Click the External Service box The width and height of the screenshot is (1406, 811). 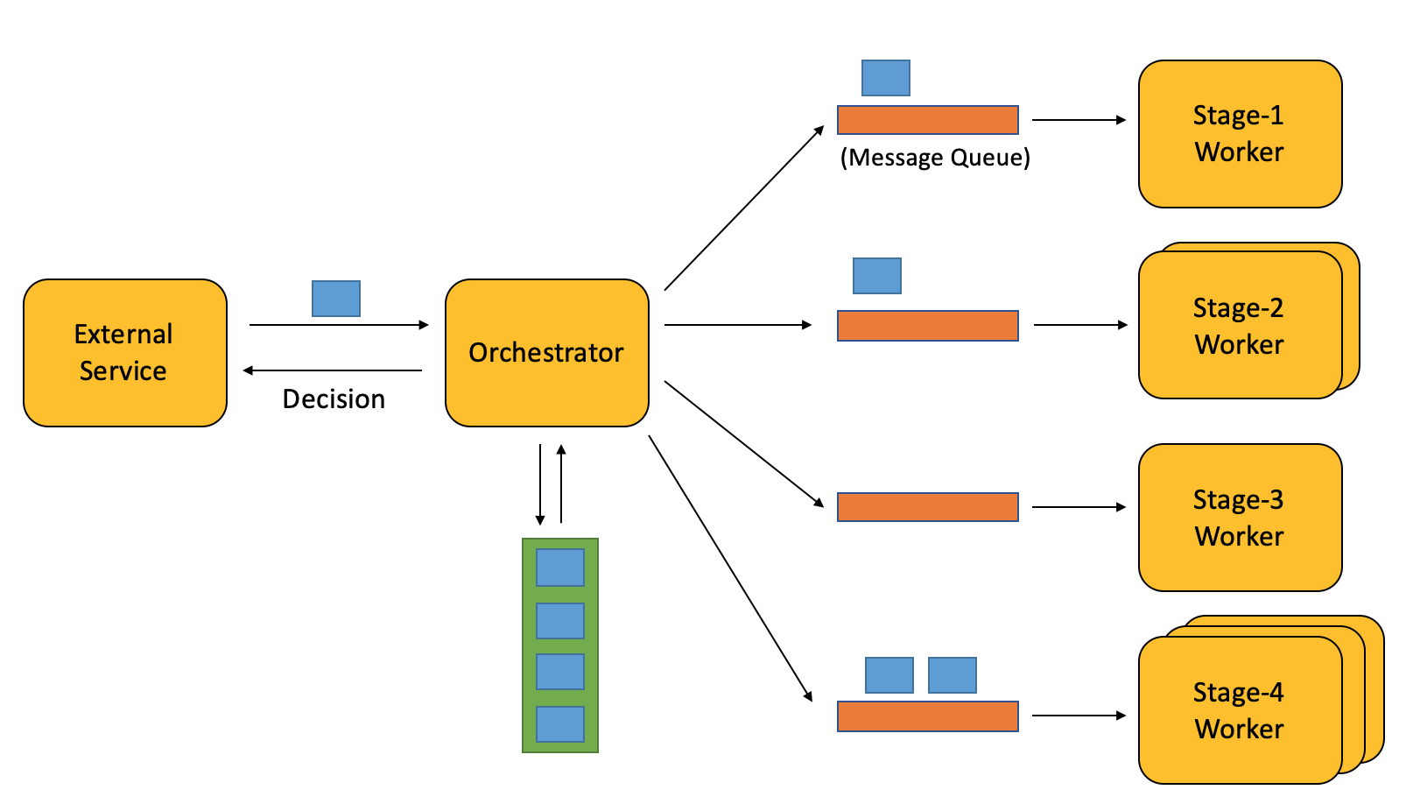click(125, 353)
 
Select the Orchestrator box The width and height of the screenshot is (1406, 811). click(546, 353)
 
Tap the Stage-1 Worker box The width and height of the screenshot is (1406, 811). click(1241, 134)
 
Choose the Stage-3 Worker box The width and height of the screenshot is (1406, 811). click(1241, 518)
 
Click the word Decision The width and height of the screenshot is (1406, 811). click(334, 399)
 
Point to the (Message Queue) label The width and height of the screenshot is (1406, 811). click(935, 157)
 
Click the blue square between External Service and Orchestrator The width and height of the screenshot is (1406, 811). click(336, 299)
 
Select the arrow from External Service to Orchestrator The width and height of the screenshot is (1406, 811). click(339, 325)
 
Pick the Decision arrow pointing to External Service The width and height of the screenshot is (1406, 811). click(333, 370)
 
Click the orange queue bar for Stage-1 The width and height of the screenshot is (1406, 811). click(928, 120)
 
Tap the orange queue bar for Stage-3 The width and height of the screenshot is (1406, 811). click(928, 507)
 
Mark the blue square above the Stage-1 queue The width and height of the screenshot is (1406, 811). click(886, 78)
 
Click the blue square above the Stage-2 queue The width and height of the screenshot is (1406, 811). click(877, 276)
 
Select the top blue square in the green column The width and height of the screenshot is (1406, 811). click(560, 568)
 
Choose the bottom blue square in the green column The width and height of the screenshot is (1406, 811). click(560, 723)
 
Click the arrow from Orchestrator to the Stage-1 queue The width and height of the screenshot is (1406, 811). click(744, 208)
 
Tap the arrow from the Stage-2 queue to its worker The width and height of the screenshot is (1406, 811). click(1081, 325)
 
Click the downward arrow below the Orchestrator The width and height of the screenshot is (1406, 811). click(540, 484)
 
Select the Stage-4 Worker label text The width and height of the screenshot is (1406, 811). click(1239, 710)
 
